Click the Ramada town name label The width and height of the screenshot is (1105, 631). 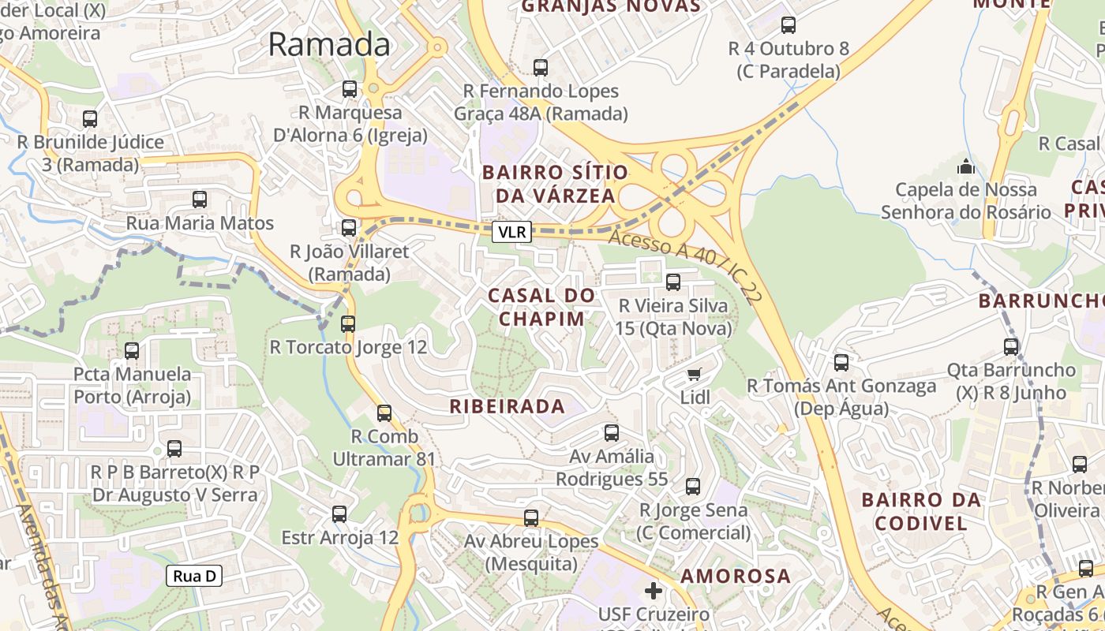click(329, 44)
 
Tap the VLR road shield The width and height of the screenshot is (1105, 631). click(511, 232)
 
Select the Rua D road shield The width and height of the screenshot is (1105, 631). click(194, 576)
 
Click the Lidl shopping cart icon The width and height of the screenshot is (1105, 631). click(694, 374)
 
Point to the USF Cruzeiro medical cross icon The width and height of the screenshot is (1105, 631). click(654, 590)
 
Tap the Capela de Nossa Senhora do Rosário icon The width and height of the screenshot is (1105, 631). click(966, 166)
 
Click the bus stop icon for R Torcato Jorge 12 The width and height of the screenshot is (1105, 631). click(348, 323)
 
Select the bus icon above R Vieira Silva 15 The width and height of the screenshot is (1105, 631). click(673, 282)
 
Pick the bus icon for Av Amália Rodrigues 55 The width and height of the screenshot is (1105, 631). click(612, 432)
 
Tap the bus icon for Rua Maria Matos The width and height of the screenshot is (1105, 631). click(200, 200)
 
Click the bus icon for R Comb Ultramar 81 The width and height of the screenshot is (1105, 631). click(384, 413)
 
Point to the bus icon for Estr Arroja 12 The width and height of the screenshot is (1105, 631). click(339, 514)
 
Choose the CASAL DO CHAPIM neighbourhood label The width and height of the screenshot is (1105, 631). click(541, 307)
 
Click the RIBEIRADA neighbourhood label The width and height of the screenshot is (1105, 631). click(508, 407)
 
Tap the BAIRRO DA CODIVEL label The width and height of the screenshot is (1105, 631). click(921, 511)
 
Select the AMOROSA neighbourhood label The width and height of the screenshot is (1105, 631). click(736, 576)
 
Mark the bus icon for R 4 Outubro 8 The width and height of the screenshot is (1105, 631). click(788, 25)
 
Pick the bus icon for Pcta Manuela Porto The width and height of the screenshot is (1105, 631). click(132, 350)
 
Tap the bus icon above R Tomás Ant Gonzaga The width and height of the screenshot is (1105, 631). click(841, 363)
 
